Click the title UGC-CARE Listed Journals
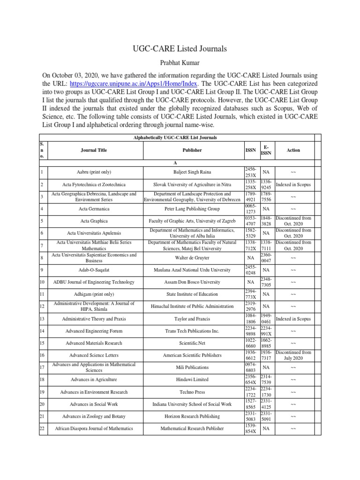180,48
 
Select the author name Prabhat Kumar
180,62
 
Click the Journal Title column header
94,150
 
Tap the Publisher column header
192,150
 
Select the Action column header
293,150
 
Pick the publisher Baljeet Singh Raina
192,172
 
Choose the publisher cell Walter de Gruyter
192,257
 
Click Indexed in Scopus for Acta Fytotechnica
293,184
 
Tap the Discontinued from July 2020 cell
293,355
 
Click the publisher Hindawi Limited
192,379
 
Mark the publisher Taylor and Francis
192,318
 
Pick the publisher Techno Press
192,391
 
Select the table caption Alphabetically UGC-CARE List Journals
174,137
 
